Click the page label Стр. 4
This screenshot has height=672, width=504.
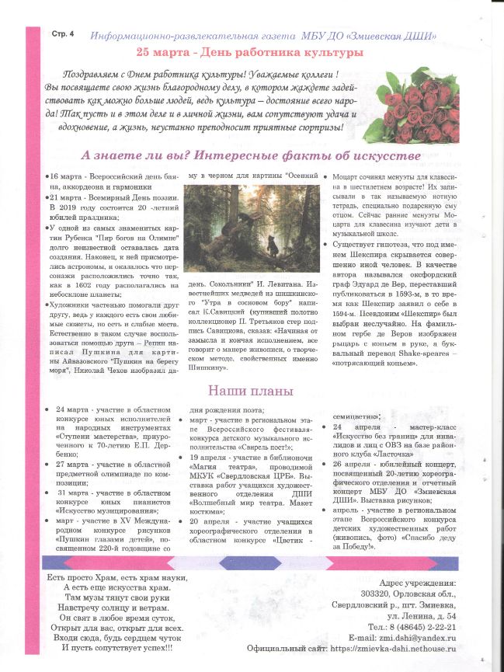click(x=63, y=35)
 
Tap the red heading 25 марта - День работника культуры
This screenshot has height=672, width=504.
click(x=249, y=52)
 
